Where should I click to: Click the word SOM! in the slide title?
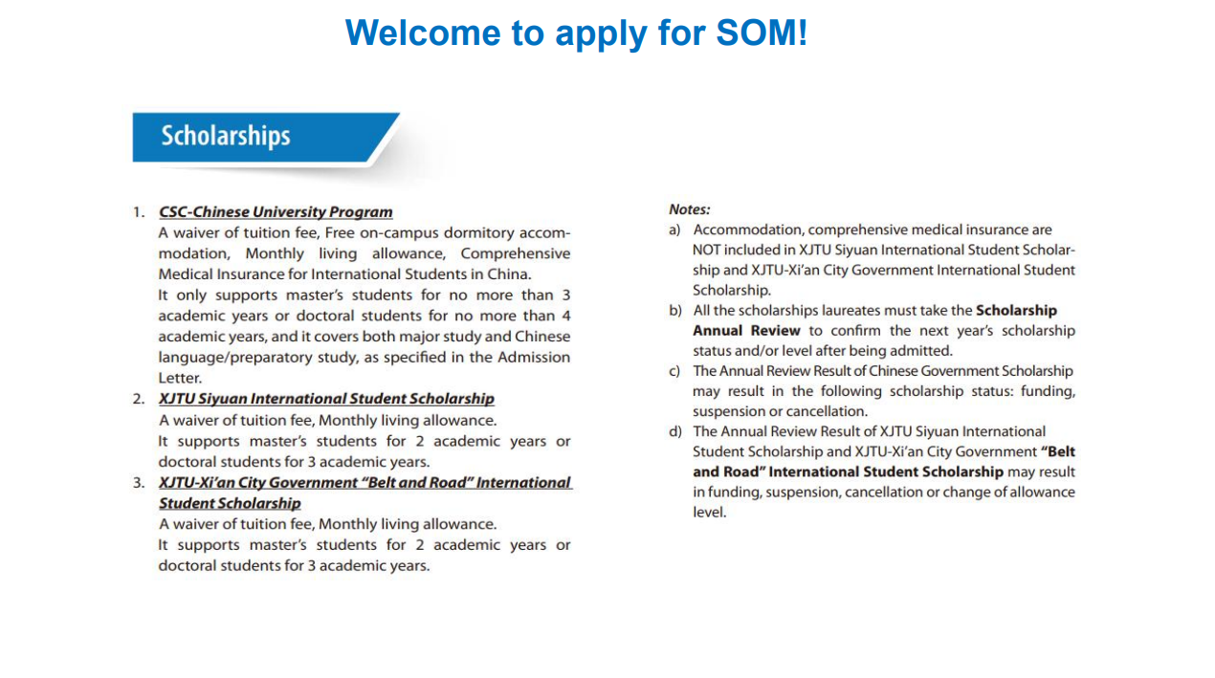(762, 33)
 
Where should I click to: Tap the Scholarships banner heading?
(226, 136)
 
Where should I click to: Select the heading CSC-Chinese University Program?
(276, 212)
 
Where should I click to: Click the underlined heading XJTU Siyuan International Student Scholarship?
(326, 399)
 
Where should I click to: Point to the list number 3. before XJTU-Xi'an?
(139, 483)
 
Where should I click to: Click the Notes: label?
(689, 209)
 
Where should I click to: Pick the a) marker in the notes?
(674, 230)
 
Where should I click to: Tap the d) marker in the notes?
(674, 432)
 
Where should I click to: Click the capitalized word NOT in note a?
(707, 251)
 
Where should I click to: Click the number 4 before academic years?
(565, 316)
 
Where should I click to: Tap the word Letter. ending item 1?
(178, 378)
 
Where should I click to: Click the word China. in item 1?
(511, 274)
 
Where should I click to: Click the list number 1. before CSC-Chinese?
(139, 212)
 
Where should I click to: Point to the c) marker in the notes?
(674, 371)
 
